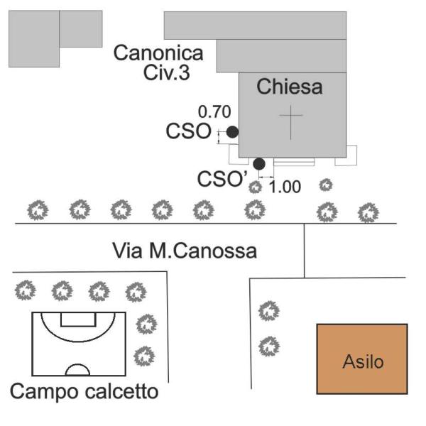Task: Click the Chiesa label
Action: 290,87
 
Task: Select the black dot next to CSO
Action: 232,131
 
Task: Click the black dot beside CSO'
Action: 259,164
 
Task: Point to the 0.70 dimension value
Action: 214,111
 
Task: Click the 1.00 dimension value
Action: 287,187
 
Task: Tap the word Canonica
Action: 158,53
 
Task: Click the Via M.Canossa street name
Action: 185,251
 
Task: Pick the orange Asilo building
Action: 362,359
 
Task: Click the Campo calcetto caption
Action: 84,391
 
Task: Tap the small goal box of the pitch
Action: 78,319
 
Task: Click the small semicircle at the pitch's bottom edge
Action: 77,369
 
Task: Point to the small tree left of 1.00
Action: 255,187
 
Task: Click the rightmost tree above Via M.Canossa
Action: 367,212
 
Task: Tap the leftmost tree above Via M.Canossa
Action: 37,210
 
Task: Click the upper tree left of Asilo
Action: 268,311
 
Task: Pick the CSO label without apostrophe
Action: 188,131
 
